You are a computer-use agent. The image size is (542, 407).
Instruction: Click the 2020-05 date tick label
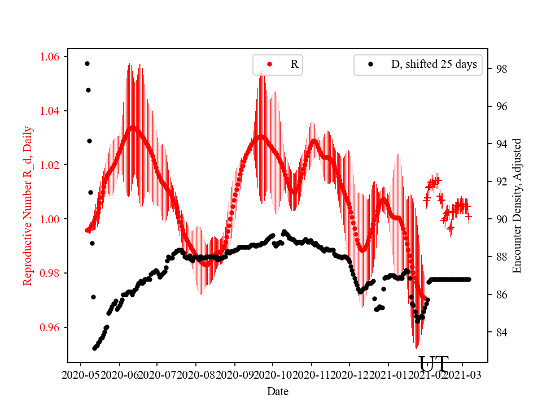(80, 374)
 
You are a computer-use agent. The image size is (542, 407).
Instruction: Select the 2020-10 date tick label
(272, 374)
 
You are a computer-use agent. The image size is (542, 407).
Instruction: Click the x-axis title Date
(278, 391)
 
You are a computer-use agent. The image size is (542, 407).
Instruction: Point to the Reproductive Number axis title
(28, 206)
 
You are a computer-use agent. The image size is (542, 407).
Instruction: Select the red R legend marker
(269, 64)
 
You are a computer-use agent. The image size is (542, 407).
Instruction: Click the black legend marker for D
(370, 64)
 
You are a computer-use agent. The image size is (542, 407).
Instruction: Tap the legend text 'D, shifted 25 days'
(434, 64)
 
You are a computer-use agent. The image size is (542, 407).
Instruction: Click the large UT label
(434, 364)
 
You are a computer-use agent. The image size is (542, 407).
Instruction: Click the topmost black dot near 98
(87, 63)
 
